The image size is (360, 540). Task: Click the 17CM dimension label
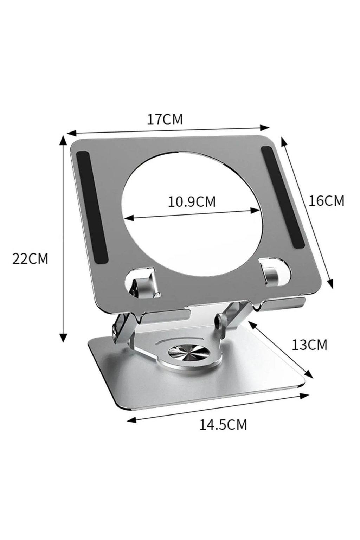(x=165, y=120)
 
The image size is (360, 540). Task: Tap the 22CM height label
(x=30, y=259)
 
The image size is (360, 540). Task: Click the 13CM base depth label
(x=309, y=345)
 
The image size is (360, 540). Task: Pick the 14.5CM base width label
(x=223, y=424)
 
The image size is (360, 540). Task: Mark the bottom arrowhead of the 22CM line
(x=63, y=339)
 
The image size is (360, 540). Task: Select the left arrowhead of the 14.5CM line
(x=131, y=420)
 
